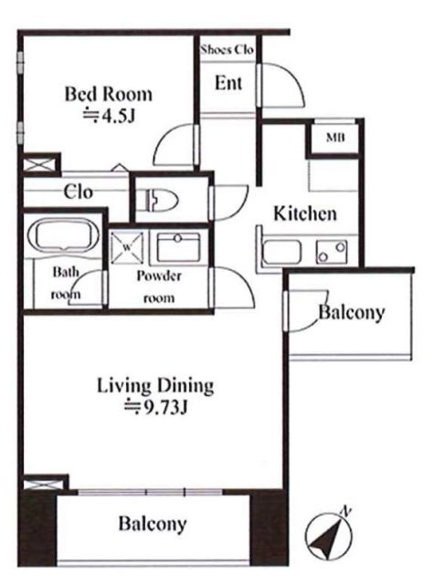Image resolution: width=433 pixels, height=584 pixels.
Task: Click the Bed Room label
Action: pyautogui.click(x=109, y=94)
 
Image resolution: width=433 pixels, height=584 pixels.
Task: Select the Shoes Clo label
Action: pyautogui.click(x=227, y=49)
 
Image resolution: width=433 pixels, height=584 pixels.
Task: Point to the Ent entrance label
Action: pyautogui.click(x=228, y=83)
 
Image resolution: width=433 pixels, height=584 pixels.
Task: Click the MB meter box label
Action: pyautogui.click(x=335, y=138)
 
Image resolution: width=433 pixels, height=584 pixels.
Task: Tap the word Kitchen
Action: pyautogui.click(x=305, y=214)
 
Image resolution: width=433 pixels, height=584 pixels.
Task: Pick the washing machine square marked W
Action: pyautogui.click(x=127, y=247)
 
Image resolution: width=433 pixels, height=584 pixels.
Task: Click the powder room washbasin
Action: pyautogui.click(x=178, y=247)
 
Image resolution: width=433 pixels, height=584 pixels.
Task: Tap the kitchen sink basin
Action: pyautogui.click(x=282, y=252)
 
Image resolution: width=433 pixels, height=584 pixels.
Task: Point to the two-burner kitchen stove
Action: pyautogui.click(x=332, y=252)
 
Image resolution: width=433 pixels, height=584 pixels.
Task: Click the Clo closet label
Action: pyautogui.click(x=78, y=193)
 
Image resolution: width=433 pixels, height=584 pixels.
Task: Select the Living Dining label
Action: pyautogui.click(x=155, y=386)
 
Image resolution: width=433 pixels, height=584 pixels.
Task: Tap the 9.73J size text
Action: pyautogui.click(x=155, y=409)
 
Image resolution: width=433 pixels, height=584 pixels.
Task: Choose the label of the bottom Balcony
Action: pyautogui.click(x=153, y=524)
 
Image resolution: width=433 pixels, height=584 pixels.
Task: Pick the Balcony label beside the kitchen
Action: pyautogui.click(x=352, y=313)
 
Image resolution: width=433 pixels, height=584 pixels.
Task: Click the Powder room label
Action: pyautogui.click(x=159, y=287)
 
